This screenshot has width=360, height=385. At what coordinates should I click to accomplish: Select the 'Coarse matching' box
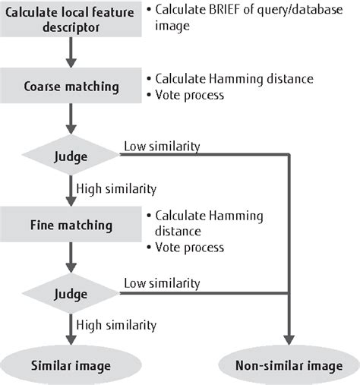coord(70,87)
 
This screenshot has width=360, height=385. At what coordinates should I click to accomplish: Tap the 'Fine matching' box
coord(70,226)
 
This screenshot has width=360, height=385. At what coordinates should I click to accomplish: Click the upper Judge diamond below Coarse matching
coord(70,156)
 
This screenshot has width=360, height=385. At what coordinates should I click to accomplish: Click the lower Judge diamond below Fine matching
coord(70,292)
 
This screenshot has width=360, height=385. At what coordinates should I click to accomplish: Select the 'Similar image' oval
coord(70,365)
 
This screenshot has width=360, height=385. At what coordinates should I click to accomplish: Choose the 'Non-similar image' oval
coord(288,365)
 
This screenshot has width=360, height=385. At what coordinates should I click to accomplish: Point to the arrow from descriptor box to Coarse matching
coord(70,54)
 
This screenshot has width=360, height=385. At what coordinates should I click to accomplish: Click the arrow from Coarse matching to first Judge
coord(70,119)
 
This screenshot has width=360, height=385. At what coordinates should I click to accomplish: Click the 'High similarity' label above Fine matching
coord(115,188)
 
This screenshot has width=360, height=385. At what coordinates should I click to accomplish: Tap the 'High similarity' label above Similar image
coord(115,325)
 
